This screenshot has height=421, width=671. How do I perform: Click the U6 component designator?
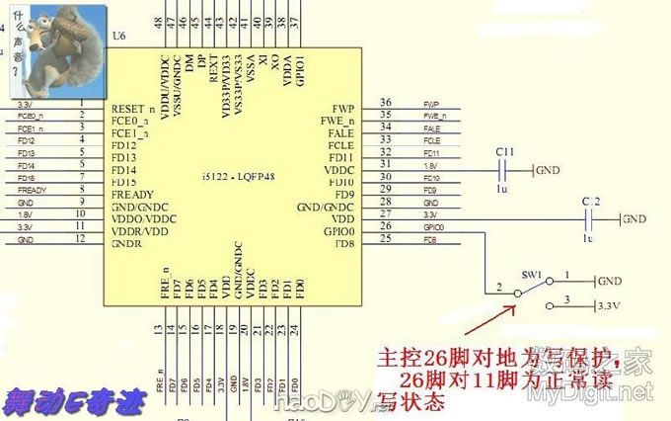[x=119, y=37]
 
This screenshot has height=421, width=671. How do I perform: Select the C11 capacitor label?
[x=505, y=151]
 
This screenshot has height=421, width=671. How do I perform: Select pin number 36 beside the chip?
[x=385, y=104]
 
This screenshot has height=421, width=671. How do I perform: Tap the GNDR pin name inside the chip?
[x=127, y=242]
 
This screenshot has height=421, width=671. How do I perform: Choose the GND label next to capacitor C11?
[x=547, y=171]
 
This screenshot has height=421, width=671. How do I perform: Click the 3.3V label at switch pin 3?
[x=611, y=307]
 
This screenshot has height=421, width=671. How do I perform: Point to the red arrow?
[x=488, y=321]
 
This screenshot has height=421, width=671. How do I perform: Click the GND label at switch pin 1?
[x=610, y=281]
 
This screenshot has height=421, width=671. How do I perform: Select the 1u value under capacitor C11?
[x=502, y=188]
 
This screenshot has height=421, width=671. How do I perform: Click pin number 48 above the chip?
[x=160, y=21]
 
